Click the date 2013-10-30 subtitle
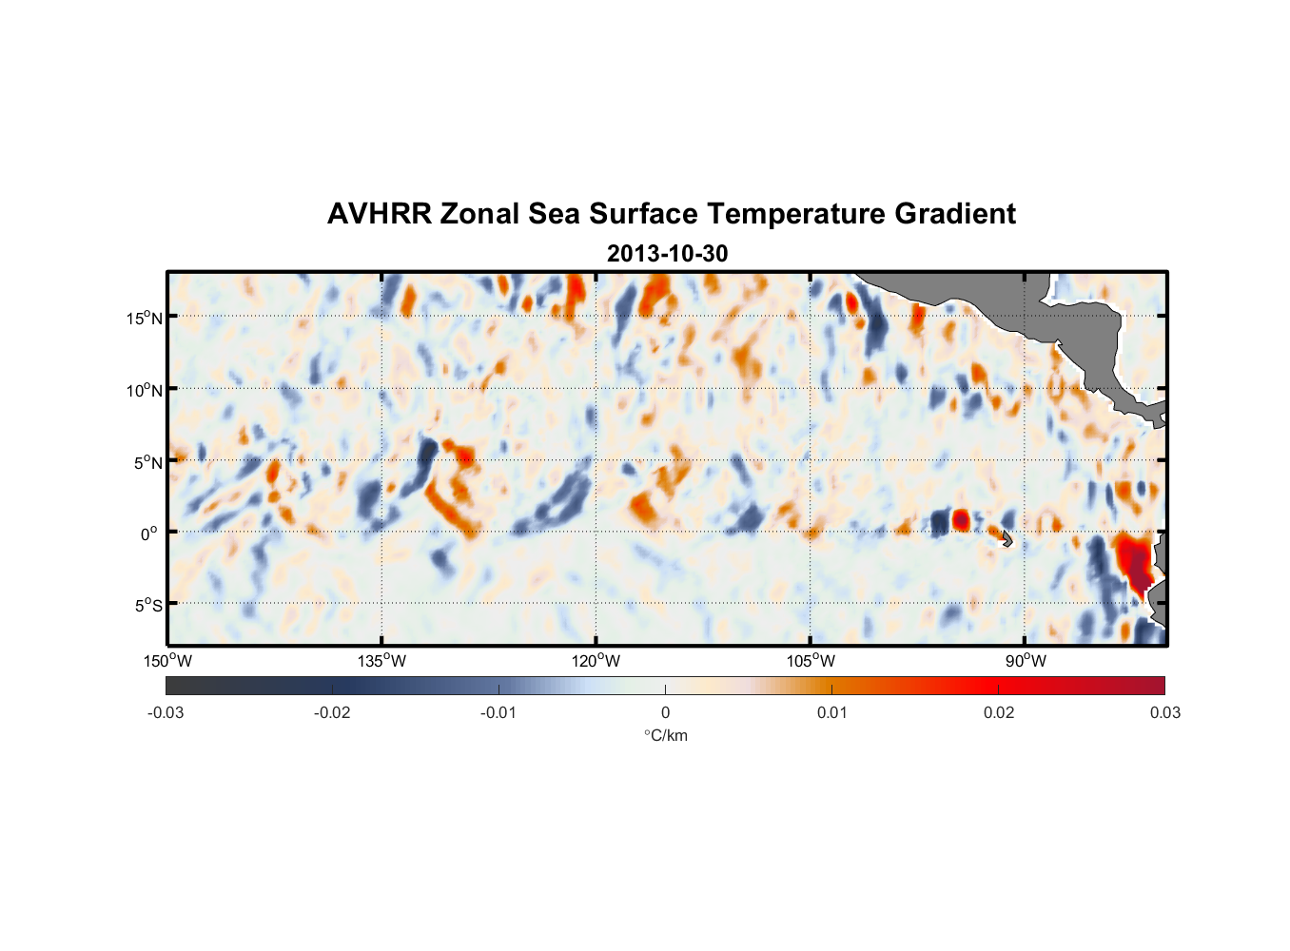point(667,254)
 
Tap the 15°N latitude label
point(144,318)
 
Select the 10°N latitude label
point(144,390)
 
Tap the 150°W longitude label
point(167,661)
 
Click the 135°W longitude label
point(381,661)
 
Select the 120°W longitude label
point(596,661)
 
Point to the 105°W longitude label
point(811,661)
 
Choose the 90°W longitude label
point(1025,661)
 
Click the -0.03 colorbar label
point(166,712)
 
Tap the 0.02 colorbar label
point(999,712)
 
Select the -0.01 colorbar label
point(498,712)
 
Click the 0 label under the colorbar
point(665,712)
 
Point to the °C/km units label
point(666,735)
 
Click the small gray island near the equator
point(1007,538)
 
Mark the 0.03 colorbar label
point(1164,712)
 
